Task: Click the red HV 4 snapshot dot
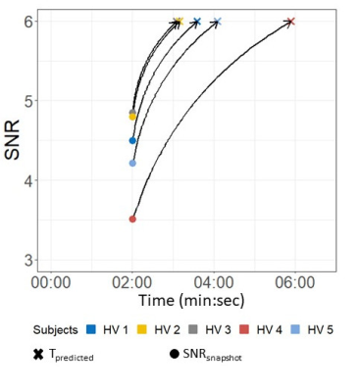(x=132, y=219)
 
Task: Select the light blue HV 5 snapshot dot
(x=132, y=163)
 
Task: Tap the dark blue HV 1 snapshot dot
(x=132, y=140)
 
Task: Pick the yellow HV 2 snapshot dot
(x=132, y=117)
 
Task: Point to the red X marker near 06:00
(x=291, y=22)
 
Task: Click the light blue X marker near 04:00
(x=218, y=22)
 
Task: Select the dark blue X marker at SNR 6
(x=197, y=22)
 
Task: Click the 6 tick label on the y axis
(x=28, y=22)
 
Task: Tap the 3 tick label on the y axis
(x=28, y=261)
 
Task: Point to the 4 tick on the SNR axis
(x=28, y=180)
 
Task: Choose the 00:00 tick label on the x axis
(x=51, y=283)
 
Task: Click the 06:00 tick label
(x=295, y=283)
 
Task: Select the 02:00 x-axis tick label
(x=132, y=283)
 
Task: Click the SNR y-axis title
(x=13, y=140)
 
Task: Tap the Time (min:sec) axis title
(x=191, y=300)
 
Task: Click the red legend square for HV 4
(x=244, y=329)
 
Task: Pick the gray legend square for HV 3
(x=193, y=329)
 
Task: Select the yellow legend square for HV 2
(x=142, y=329)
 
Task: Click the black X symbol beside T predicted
(x=38, y=355)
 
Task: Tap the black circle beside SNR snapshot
(x=175, y=355)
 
